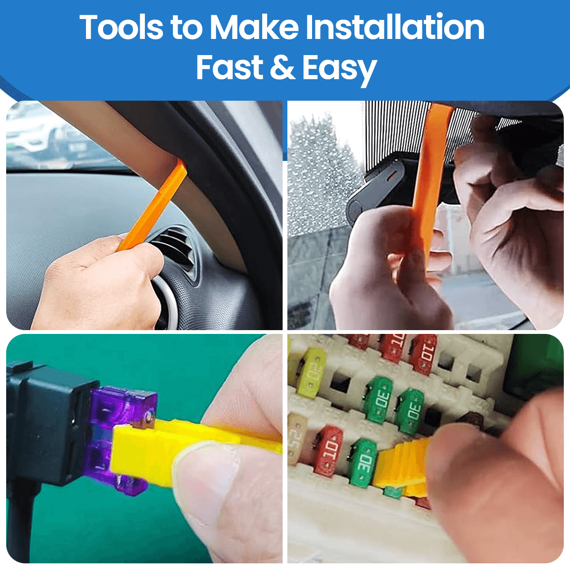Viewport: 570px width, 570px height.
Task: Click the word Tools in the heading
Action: (x=122, y=28)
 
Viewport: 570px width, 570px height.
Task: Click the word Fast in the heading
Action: (x=229, y=67)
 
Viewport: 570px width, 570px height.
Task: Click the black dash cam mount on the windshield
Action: (x=375, y=190)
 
